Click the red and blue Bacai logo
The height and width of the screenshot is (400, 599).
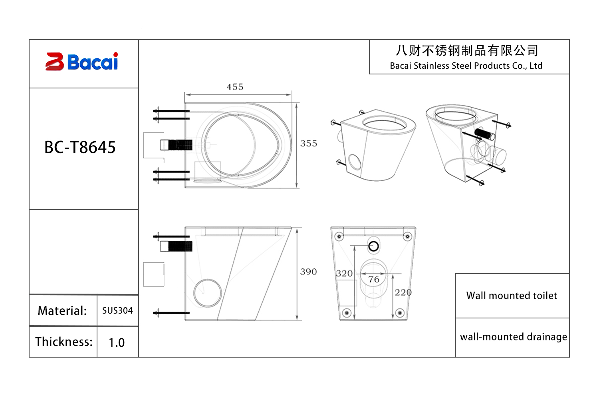tap(82, 62)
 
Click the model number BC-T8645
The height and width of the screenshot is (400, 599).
tap(80, 147)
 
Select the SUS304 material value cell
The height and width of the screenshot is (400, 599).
tap(117, 310)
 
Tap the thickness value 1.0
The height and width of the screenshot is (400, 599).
tap(117, 342)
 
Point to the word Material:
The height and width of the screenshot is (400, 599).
tap(62, 310)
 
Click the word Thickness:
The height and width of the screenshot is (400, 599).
tap(63, 342)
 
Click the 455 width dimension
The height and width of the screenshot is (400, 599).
tap(235, 87)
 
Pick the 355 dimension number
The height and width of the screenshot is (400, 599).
tap(309, 143)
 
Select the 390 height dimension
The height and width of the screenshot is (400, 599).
tap(308, 272)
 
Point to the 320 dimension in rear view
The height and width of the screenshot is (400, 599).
tap(344, 273)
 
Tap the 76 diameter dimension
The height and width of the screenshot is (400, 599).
tap(374, 279)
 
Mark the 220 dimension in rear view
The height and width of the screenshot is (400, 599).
tap(403, 292)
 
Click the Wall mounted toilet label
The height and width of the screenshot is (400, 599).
tap(512, 296)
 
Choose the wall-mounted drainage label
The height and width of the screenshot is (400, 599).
tap(513, 337)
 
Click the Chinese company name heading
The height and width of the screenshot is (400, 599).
tap(467, 51)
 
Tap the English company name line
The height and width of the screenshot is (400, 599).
tap(466, 66)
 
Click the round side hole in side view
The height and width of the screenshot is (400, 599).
tap(208, 293)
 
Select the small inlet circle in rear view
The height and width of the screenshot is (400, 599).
tap(374, 246)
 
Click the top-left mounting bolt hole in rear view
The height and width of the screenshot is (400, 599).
tap(339, 236)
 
